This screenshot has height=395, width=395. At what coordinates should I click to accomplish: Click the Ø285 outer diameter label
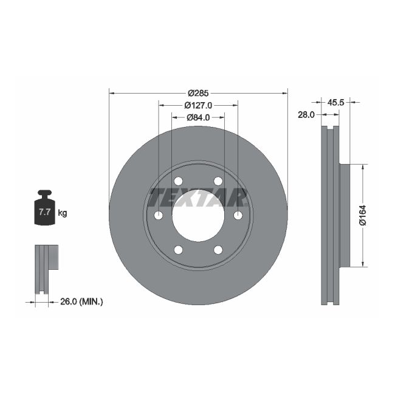coord(198,93)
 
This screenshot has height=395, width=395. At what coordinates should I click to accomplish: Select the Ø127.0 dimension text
coord(198,105)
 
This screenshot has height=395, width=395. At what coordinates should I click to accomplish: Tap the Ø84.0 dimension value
coord(198,117)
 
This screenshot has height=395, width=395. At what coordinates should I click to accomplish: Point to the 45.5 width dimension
coord(336,103)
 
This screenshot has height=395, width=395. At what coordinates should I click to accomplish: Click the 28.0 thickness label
coord(305,114)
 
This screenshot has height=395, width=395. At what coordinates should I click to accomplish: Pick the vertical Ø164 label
coord(362,216)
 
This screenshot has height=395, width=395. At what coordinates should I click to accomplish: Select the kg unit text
coord(62,213)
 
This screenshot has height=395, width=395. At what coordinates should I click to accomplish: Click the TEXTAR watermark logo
coord(198,197)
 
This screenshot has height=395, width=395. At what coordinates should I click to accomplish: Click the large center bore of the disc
coord(198,216)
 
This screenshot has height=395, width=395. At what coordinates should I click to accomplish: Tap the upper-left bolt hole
coord(178,181)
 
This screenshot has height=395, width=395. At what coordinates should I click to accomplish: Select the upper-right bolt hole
coord(218,181)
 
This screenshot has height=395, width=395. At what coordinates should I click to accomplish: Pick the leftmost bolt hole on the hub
coord(159,216)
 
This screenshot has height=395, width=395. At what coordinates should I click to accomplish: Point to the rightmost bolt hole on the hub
coord(238,216)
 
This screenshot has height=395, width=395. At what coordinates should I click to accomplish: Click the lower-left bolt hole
coord(178,250)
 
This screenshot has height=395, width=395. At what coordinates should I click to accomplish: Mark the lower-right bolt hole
coord(218,250)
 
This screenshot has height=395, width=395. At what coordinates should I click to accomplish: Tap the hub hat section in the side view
coord(345,216)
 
